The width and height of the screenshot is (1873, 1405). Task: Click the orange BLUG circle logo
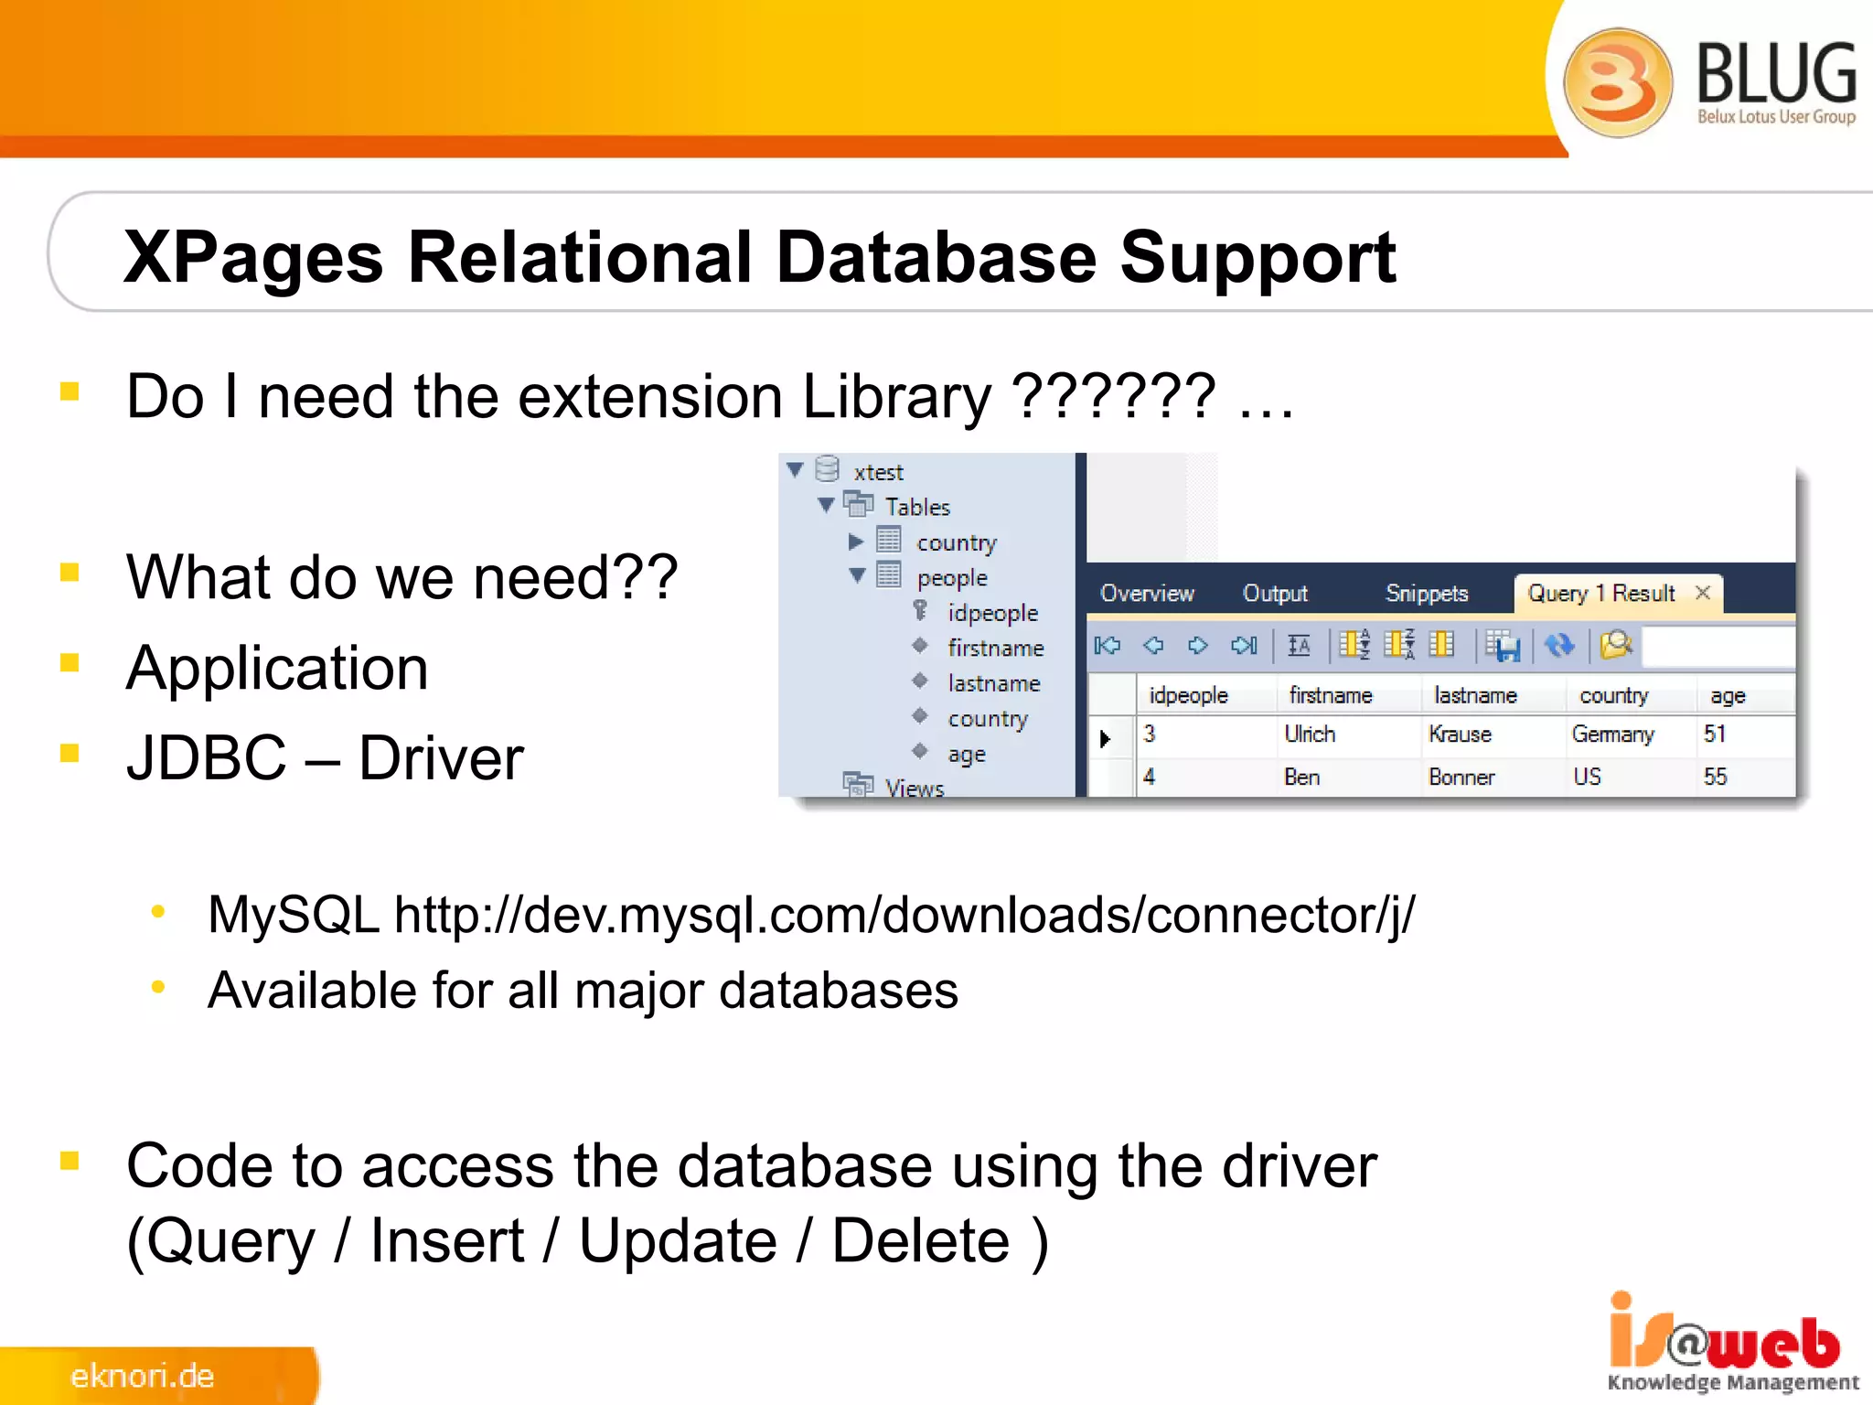click(x=1617, y=82)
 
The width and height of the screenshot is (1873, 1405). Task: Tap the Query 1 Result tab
click(x=1600, y=594)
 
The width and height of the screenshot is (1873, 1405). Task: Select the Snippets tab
click(x=1426, y=594)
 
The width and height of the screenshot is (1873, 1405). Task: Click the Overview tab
click(x=1147, y=594)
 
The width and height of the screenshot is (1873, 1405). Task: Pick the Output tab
click(x=1275, y=594)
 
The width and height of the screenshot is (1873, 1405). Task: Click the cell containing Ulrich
click(x=1310, y=735)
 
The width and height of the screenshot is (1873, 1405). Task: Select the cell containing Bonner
click(x=1461, y=778)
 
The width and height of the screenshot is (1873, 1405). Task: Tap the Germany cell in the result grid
click(x=1613, y=735)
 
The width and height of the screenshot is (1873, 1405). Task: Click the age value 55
click(x=1715, y=778)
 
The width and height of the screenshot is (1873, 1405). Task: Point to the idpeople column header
click(x=1188, y=696)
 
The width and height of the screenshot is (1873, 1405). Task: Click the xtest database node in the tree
click(x=878, y=473)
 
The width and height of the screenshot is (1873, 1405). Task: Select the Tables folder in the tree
click(x=917, y=507)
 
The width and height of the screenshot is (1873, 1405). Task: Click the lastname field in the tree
click(x=994, y=683)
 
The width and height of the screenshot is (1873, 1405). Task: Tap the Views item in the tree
click(x=914, y=788)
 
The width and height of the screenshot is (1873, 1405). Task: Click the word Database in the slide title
click(x=935, y=258)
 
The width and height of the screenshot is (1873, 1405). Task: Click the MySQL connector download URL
click(x=904, y=915)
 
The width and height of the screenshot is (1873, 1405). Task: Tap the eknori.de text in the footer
click(x=143, y=1376)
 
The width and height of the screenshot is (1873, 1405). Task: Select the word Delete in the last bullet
click(x=920, y=1241)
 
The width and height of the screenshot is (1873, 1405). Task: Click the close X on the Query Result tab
click(x=1703, y=593)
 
